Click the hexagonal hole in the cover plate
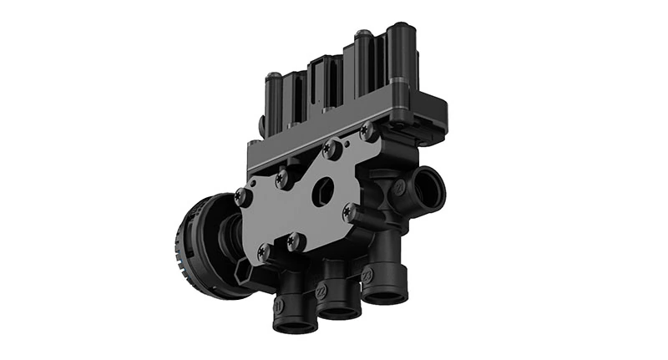click(321, 190)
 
